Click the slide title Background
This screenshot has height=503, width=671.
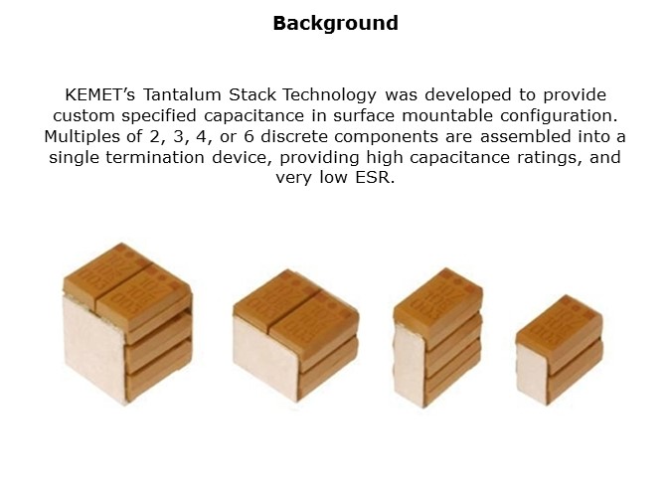coord(335,23)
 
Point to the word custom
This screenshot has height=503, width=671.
coord(108,115)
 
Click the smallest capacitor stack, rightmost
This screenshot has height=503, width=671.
coord(559,348)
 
